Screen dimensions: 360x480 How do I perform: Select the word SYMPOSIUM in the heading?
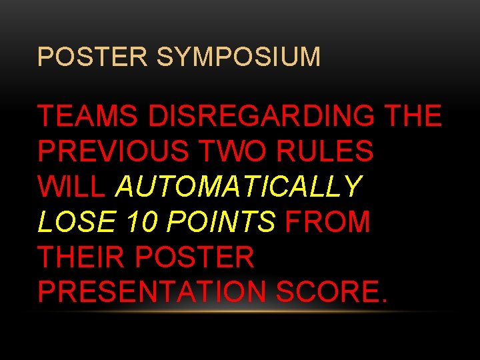[x=238, y=57]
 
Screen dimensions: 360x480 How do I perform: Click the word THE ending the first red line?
[x=413, y=117]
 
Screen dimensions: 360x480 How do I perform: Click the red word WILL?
[x=71, y=187]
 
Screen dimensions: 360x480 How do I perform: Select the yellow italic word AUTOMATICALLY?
[x=239, y=187]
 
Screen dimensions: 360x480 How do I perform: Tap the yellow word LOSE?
[x=77, y=223]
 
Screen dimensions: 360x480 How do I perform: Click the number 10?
[x=145, y=223]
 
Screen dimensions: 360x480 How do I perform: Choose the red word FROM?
[x=327, y=223]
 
